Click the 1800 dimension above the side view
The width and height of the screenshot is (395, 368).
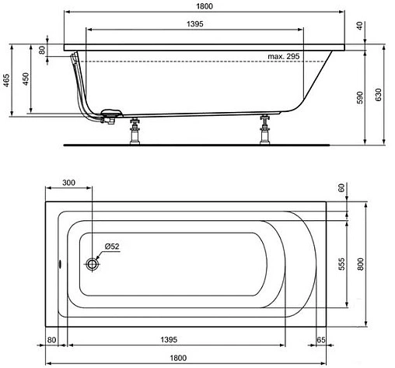coord(204,5)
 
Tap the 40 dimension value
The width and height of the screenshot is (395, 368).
coord(359,26)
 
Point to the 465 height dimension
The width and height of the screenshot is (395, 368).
coord(6,81)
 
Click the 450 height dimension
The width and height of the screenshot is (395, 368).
coord(26,81)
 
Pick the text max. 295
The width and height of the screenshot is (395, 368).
coord(284,56)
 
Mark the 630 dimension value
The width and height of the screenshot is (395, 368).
coord(379,96)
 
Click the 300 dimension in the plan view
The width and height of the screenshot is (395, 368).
coord(68,183)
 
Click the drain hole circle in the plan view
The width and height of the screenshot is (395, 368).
coord(93,264)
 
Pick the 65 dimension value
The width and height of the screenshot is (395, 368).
coord(320,340)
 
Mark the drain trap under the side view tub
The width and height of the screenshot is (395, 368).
coord(109,115)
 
